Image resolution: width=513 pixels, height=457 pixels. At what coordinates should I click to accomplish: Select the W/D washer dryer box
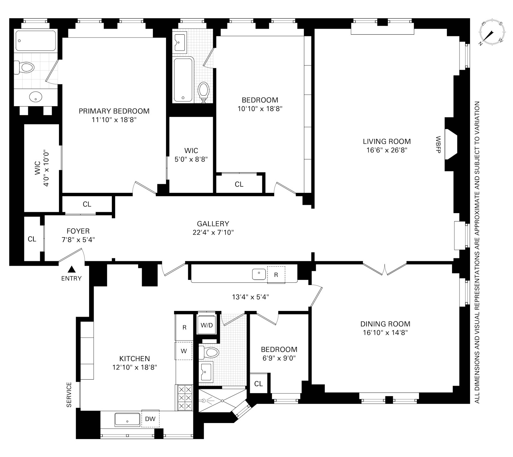[x=207, y=325]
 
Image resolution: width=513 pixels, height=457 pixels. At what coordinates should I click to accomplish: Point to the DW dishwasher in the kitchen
[x=150, y=419]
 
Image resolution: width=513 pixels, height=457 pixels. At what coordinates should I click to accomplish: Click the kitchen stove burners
[x=184, y=398]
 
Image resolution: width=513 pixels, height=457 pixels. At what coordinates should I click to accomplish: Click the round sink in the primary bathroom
[x=35, y=96]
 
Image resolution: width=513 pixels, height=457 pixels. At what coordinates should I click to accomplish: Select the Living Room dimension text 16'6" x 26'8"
[x=387, y=150]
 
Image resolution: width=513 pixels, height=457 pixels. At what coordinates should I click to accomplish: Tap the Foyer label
[x=78, y=231]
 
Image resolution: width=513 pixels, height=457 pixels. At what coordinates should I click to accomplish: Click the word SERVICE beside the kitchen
[x=69, y=395]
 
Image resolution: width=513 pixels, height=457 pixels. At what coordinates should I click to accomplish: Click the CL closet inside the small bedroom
[x=258, y=384]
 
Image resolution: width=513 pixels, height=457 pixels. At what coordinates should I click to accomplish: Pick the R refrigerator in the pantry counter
[x=276, y=275]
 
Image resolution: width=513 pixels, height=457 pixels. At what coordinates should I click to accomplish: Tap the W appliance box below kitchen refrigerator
[x=184, y=351]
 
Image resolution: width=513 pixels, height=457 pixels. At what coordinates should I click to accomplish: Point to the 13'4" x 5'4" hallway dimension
[x=250, y=297]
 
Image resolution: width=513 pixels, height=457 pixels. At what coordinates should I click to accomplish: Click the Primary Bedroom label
[x=114, y=111]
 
